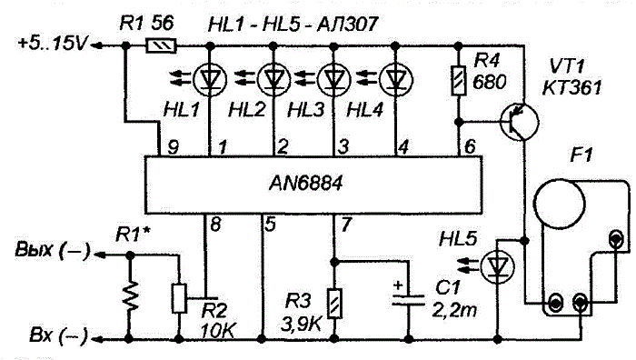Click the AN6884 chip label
point(305,183)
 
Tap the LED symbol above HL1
point(210,79)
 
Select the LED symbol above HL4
point(396,79)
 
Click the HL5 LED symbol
point(497,267)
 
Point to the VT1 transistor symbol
point(520,122)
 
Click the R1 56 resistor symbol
point(161,45)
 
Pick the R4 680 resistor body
point(459,81)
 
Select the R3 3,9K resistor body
point(334,304)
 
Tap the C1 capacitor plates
point(408,300)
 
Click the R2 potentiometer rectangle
point(179,299)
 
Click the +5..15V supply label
point(52,43)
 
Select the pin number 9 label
point(174,147)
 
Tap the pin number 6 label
point(470,146)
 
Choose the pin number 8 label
point(215,225)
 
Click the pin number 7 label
point(345,225)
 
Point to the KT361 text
point(571,87)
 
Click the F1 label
point(581,155)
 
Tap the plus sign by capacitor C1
point(398,285)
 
